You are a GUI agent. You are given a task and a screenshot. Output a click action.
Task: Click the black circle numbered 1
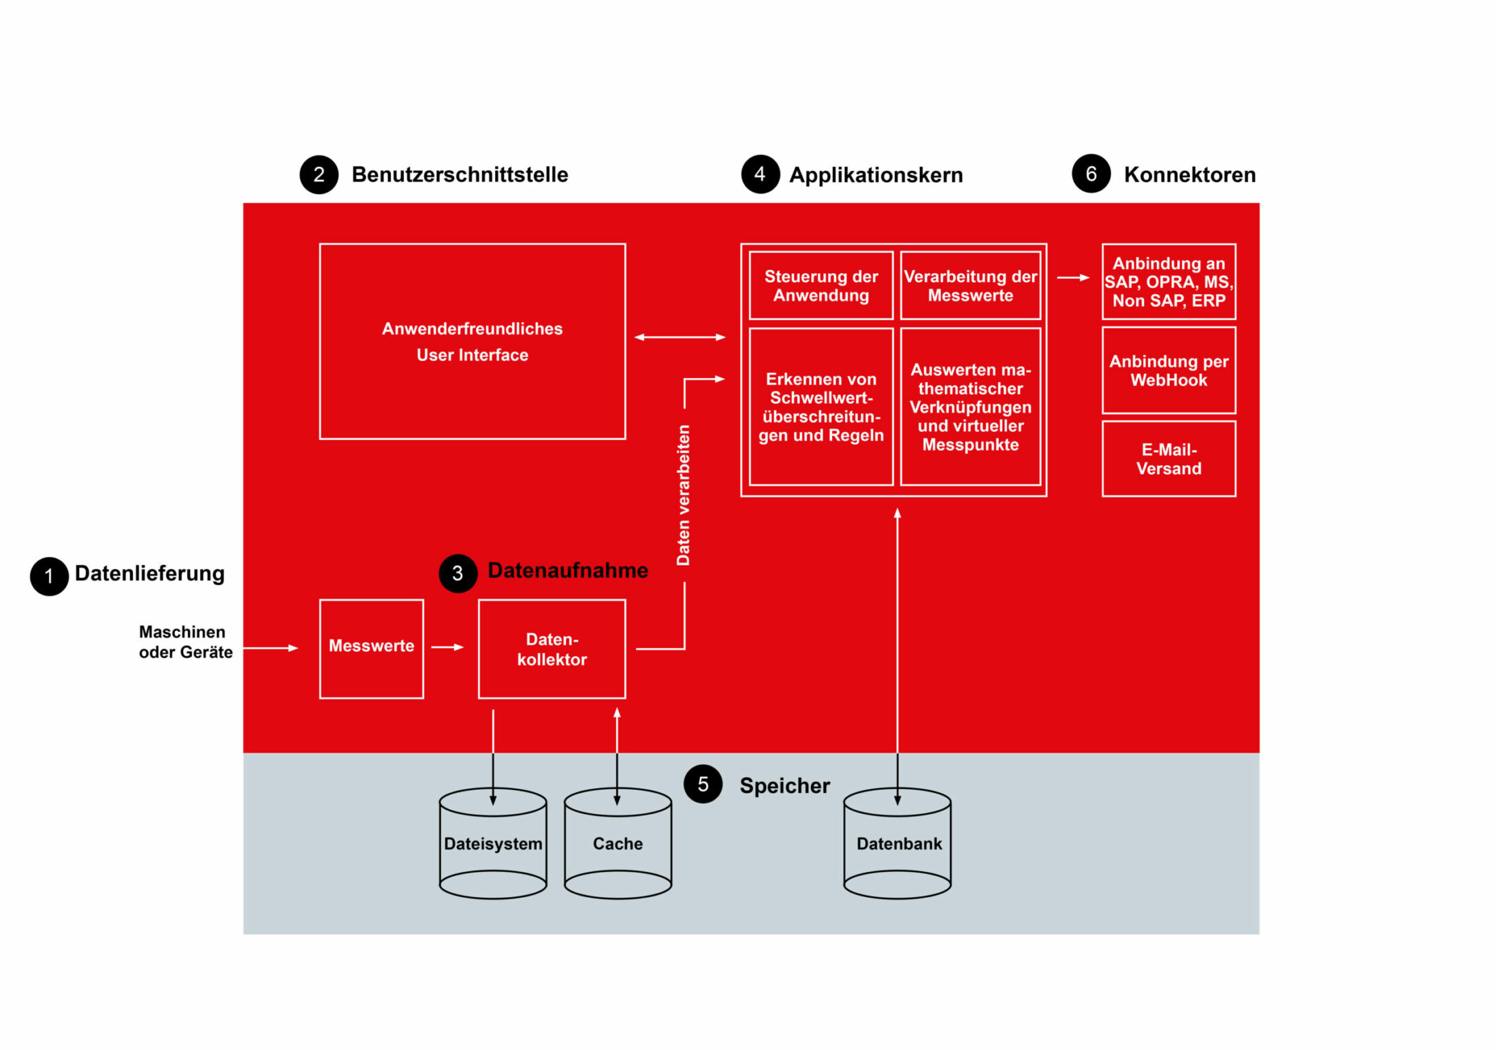49,576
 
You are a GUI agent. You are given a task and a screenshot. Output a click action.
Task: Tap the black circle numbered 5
703,784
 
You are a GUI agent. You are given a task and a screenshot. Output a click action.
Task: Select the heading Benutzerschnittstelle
460,174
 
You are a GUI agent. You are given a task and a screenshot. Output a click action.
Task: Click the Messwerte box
371,648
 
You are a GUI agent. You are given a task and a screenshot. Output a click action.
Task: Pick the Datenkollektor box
552,648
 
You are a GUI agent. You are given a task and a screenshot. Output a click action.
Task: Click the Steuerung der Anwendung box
820,285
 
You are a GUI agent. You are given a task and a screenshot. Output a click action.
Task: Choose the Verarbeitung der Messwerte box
970,285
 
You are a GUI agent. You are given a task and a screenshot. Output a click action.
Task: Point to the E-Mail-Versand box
1168,458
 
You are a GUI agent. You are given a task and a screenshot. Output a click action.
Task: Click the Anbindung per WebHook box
1168,370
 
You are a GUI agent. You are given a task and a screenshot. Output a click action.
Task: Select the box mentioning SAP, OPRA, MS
1168,281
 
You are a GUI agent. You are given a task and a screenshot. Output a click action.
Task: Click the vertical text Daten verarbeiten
683,495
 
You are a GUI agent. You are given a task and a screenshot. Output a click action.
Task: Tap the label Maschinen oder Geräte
185,642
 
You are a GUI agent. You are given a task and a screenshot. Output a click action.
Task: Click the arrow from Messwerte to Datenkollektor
447,647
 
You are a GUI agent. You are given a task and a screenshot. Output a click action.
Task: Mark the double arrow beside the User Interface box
680,336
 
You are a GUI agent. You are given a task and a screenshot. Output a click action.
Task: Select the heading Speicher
784,785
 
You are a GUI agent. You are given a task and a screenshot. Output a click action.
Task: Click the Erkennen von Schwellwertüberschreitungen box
820,407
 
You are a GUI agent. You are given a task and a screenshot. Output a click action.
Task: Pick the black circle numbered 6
1091,174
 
